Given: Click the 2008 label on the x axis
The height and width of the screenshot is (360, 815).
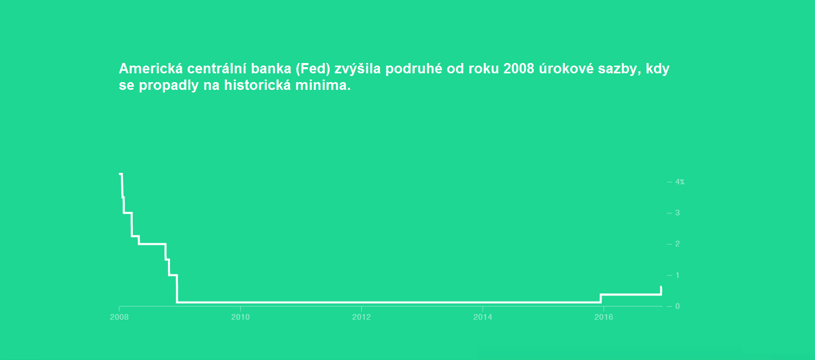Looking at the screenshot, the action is [x=119, y=317].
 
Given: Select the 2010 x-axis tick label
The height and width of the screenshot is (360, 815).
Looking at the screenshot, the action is [x=240, y=317].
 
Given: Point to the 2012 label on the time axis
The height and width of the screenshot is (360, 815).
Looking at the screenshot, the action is [x=361, y=317].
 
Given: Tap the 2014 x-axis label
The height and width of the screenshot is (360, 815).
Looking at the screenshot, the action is [x=483, y=317].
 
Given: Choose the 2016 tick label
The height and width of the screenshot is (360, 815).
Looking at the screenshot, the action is [x=604, y=317].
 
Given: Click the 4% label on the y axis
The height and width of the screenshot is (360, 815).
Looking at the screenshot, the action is [x=680, y=182].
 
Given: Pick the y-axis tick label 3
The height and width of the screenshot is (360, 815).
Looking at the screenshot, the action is [x=678, y=213].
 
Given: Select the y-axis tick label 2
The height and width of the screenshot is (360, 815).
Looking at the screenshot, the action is [x=678, y=244].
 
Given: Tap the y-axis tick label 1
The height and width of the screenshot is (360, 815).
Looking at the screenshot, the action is [x=678, y=275].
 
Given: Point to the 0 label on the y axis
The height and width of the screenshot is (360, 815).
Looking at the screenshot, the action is [x=678, y=306].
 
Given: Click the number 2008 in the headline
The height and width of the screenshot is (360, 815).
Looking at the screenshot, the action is [x=519, y=68].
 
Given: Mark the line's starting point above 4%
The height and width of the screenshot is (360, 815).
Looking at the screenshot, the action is [x=120, y=174].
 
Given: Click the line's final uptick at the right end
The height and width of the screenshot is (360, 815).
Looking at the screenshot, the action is [x=661, y=290].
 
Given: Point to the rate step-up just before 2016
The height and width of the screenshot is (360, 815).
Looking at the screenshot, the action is [x=601, y=298].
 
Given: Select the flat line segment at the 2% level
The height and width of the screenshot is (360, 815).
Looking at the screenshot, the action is [x=152, y=244].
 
